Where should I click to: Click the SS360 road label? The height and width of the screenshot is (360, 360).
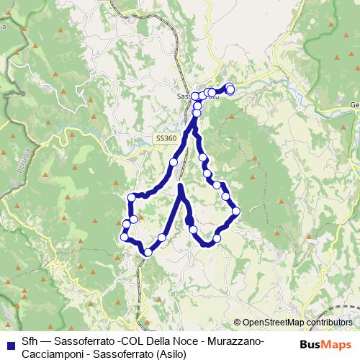point(165,138)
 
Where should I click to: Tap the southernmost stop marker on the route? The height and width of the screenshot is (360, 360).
point(148,251)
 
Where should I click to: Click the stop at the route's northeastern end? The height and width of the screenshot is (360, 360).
point(230,89)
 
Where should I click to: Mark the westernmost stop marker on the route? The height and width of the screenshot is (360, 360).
point(124,236)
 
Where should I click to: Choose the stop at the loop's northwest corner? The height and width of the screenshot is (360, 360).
point(132,197)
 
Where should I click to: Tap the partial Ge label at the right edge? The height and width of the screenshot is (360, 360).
point(354,105)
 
